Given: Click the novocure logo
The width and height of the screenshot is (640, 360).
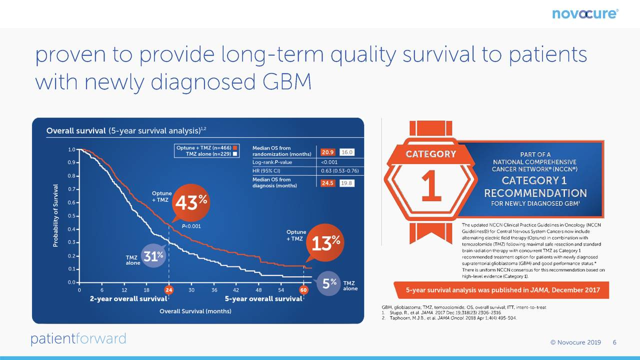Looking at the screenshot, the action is tap(585, 13).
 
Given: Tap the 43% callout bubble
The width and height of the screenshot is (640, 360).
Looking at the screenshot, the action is tap(191, 202).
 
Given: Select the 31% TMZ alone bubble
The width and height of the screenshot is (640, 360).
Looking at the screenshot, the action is tap(153, 256).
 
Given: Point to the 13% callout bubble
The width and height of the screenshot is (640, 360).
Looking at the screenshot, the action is tap(325, 243).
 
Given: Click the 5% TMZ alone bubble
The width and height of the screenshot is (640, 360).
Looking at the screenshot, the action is tap(328, 283).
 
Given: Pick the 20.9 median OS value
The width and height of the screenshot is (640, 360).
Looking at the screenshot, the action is tap(327, 152).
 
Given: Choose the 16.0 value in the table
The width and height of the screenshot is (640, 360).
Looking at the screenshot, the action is tap(347, 152).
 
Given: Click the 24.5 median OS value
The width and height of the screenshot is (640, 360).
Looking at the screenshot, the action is tap(327, 183).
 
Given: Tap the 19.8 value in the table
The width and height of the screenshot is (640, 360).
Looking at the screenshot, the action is tap(347, 183).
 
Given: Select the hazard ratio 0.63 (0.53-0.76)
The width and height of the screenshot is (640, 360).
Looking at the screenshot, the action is tap(339, 171).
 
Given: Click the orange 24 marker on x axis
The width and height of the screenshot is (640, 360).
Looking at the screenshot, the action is tap(169, 290).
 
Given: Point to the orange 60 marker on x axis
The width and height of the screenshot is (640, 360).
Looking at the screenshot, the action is tap(303, 290).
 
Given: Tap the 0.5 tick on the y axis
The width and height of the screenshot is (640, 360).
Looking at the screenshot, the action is tap(71, 216).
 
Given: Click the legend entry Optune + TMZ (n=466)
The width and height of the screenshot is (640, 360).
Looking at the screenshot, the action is tap(207, 147).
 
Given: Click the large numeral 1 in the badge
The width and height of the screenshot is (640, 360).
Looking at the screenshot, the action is tap(431, 185).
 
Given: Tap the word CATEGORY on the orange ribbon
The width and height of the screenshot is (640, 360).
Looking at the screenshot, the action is tap(431, 154).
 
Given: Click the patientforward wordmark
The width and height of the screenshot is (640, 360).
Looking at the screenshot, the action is tap(78, 339).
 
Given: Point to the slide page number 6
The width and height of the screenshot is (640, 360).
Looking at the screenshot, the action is tap(614, 342).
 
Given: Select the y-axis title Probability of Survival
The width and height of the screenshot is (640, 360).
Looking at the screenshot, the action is tap(55, 215).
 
